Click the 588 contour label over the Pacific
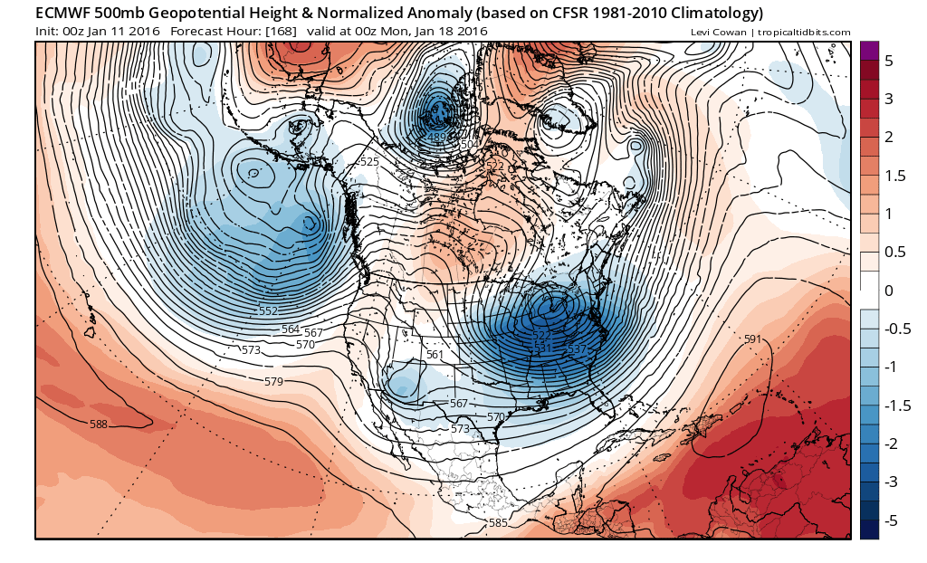99,424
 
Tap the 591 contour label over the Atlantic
751,339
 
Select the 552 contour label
268,311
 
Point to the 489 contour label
436,138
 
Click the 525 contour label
368,162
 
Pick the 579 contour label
273,382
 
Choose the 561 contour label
435,355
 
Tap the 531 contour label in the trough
542,348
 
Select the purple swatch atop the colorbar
869,51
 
